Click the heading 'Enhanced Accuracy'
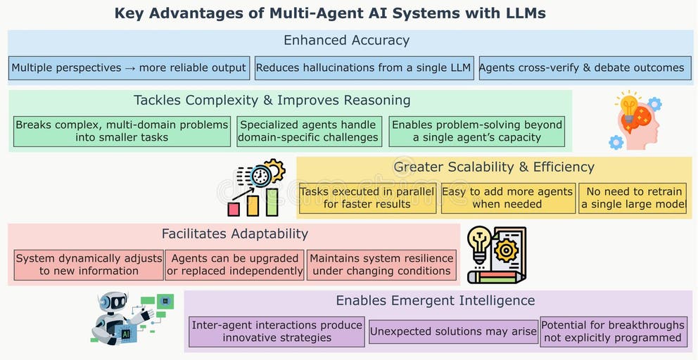point(346,40)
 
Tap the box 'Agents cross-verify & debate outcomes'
point(582,68)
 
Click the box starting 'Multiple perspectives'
point(129,68)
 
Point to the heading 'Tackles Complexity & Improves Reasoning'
point(272,100)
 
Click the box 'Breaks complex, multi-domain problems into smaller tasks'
point(122,131)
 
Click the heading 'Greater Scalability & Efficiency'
point(494,167)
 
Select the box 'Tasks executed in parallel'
point(367,198)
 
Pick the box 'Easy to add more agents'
point(507,198)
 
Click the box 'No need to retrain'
point(633,198)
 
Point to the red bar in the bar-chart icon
point(234,209)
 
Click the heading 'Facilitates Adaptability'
point(235,233)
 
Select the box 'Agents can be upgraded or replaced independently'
point(235,264)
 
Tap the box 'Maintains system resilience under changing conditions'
point(381,264)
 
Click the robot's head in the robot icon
point(115,303)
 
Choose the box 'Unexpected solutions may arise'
point(453,331)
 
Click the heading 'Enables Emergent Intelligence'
point(436,300)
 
